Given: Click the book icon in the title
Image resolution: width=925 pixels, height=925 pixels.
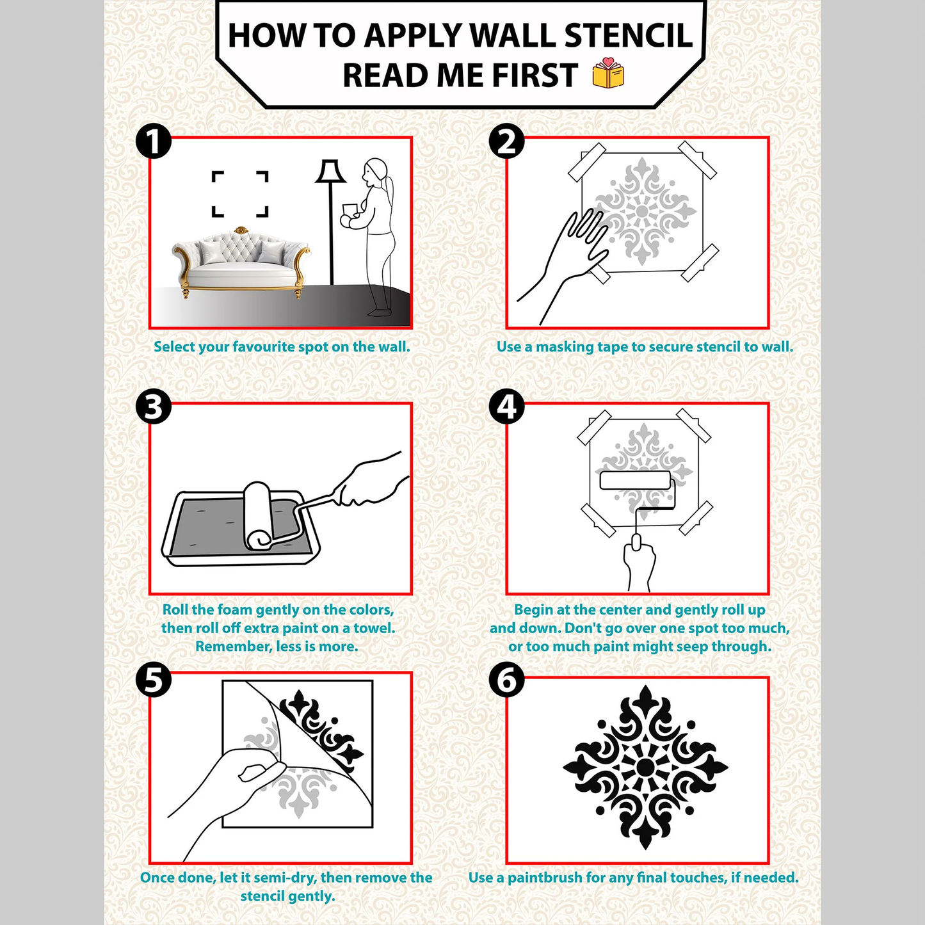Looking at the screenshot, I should click(607, 74).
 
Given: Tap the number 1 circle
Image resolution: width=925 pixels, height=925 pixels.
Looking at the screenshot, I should click(154, 141).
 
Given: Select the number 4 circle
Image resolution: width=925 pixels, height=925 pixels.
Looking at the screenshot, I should click(506, 406).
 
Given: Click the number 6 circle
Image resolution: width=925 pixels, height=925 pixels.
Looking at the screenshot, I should click(506, 680).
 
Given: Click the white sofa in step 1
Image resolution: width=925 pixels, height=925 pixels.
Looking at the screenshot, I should click(240, 262).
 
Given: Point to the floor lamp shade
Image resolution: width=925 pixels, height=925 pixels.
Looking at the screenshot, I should click(330, 172).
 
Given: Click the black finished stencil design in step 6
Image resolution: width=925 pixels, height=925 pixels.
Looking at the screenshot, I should click(645, 767).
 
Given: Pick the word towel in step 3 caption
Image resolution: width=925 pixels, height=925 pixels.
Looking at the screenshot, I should click(376, 628).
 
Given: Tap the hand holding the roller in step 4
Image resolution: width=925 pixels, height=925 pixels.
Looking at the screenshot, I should click(639, 563).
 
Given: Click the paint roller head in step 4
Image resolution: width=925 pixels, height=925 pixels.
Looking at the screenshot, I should click(635, 480).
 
